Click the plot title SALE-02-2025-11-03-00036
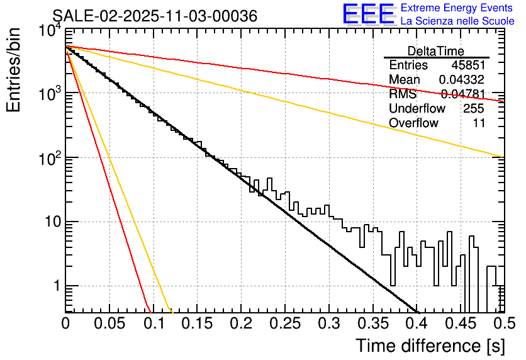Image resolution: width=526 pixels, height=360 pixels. (x=155, y=16)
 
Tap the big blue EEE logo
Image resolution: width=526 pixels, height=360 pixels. (x=368, y=14)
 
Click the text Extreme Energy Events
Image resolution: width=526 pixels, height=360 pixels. (x=457, y=8)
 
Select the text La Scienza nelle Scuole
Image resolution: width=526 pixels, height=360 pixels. (x=457, y=21)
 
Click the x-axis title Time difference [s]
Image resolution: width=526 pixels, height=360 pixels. (x=429, y=346)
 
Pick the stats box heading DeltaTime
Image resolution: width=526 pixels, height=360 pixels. (x=436, y=51)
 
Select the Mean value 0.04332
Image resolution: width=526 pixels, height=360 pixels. (x=462, y=80)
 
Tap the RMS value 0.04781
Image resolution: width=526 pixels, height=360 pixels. (x=463, y=94)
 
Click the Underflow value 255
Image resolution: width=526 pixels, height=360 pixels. (x=473, y=109)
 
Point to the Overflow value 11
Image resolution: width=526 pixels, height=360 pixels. (x=479, y=123)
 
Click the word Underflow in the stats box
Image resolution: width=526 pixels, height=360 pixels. (x=417, y=109)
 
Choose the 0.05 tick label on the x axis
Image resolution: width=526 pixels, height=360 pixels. (x=109, y=323)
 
